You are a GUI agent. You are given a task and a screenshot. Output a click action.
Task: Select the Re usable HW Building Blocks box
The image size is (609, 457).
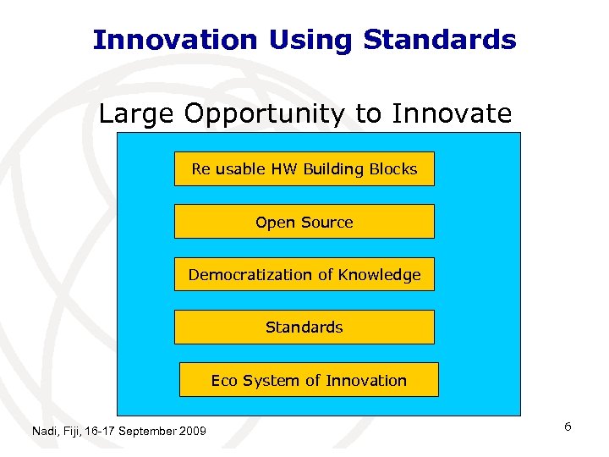coord(304,169)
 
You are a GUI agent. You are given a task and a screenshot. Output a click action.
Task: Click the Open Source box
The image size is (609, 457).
coord(304,222)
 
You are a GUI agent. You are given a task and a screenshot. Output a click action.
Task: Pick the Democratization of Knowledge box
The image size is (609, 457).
coord(304,274)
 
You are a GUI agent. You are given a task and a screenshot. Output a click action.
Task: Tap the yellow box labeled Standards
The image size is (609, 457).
coord(304,327)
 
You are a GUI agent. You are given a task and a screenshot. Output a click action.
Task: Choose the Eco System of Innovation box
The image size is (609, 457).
coord(309,380)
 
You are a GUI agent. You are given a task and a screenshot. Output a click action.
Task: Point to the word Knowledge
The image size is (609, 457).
coord(379,274)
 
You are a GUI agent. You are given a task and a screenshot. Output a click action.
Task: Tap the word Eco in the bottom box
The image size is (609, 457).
coord(224,380)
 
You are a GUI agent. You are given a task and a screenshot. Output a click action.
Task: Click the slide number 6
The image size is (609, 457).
coord(568,427)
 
